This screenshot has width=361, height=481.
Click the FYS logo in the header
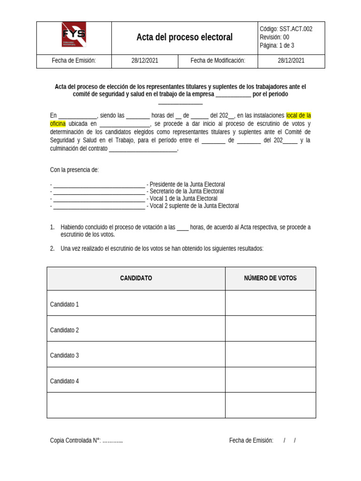(74, 35)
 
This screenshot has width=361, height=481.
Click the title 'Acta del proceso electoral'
(184, 37)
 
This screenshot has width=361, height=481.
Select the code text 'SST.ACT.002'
(296, 29)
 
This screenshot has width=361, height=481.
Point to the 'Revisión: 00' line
(275, 37)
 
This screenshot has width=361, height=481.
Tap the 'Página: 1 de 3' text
(277, 46)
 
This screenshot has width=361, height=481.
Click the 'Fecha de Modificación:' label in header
(218, 61)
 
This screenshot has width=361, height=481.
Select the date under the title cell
(145, 61)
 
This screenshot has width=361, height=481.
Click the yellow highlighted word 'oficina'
(58, 124)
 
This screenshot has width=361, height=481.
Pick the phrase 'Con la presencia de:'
(74, 170)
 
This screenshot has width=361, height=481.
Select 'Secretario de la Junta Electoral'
(187, 191)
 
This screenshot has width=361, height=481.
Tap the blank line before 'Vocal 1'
(99, 199)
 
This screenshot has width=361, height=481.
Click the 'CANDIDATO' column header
(136, 278)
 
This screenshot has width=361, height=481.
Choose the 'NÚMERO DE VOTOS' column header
(270, 278)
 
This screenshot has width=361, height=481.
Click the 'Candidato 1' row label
(64, 304)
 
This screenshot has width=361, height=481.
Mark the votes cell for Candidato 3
(270, 355)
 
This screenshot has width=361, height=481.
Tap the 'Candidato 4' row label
(64, 381)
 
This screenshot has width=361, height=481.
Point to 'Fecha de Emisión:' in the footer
(251, 440)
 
